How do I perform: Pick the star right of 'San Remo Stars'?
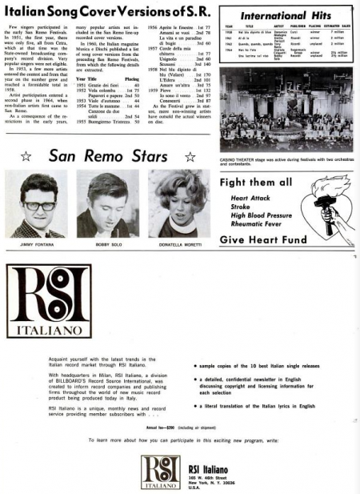pos(190,158)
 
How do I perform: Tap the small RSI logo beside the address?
pos(161,472)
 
